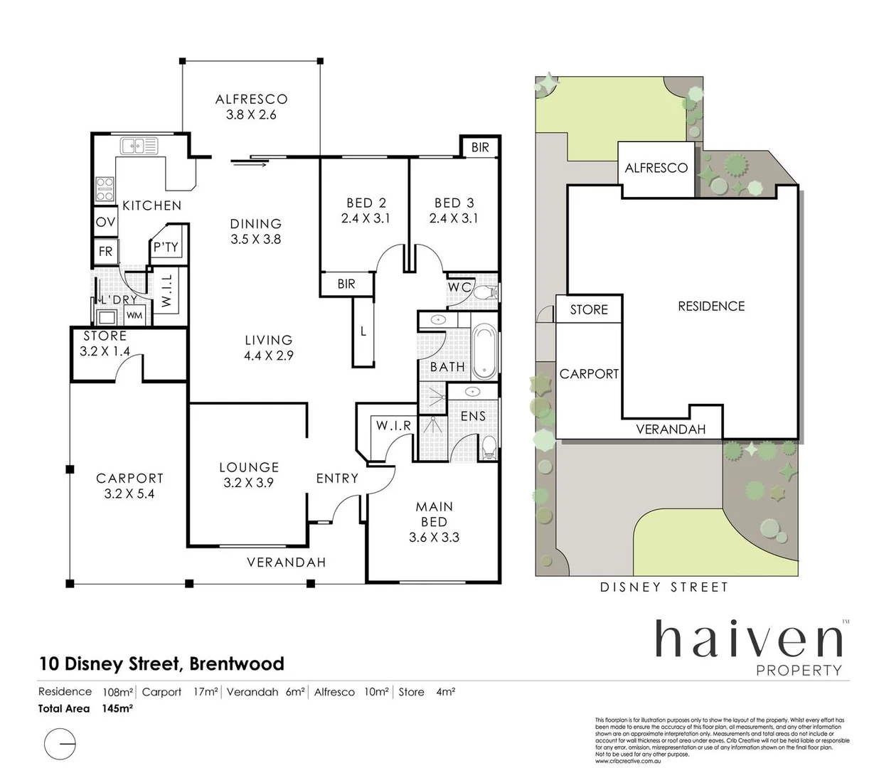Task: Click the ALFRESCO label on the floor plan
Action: (251, 100)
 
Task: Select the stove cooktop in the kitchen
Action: (105, 189)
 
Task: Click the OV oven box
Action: (105, 223)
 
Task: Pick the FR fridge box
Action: (105, 252)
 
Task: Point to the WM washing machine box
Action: (134, 315)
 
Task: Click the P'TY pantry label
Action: (166, 247)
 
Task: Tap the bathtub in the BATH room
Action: (484, 351)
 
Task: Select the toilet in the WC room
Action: (486, 292)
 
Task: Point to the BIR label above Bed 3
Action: (480, 147)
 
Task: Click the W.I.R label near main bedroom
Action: (393, 425)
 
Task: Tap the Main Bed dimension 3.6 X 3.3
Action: (434, 538)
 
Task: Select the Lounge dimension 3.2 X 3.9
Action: (248, 482)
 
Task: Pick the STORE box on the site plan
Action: (589, 309)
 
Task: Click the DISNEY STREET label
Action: (664, 587)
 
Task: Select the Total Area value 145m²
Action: (118, 708)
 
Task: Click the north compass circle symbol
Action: (60, 745)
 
